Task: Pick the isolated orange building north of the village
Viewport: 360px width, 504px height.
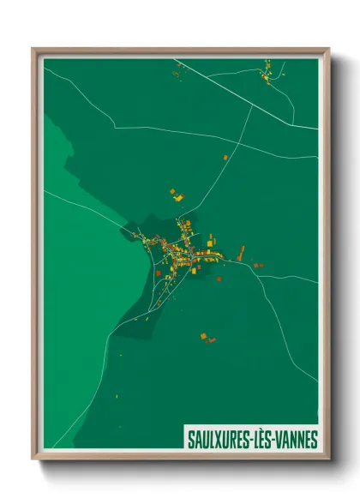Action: [x=226, y=158]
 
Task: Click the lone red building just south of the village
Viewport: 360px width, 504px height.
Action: [x=159, y=273]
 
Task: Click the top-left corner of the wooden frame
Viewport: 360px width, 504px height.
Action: [x=34, y=50]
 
